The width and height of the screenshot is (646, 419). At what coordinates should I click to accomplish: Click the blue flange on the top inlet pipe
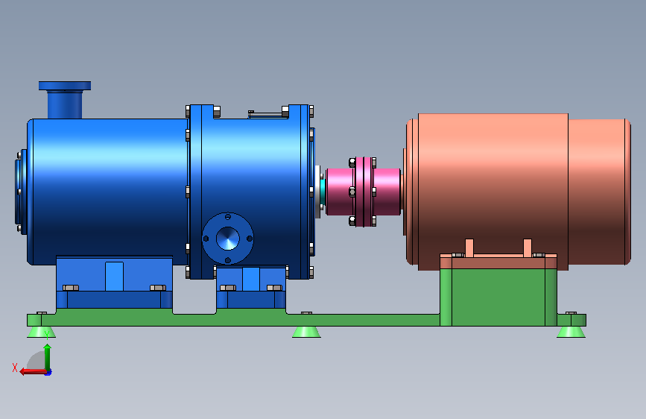coord(65,86)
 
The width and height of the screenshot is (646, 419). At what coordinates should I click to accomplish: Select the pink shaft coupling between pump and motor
coord(363,192)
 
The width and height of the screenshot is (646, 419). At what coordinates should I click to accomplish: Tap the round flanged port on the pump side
coord(228,239)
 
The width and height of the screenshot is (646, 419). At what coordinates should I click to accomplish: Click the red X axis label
coord(15,368)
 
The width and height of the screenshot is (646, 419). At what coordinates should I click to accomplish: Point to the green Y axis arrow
coord(48,357)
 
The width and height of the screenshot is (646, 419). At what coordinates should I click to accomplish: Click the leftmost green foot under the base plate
coord(41,332)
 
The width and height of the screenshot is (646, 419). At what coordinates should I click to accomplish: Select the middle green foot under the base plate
coord(306,332)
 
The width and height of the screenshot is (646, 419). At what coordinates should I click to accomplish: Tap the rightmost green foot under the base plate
coord(571,332)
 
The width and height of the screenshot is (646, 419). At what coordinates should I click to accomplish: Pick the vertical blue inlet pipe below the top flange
coord(65,104)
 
